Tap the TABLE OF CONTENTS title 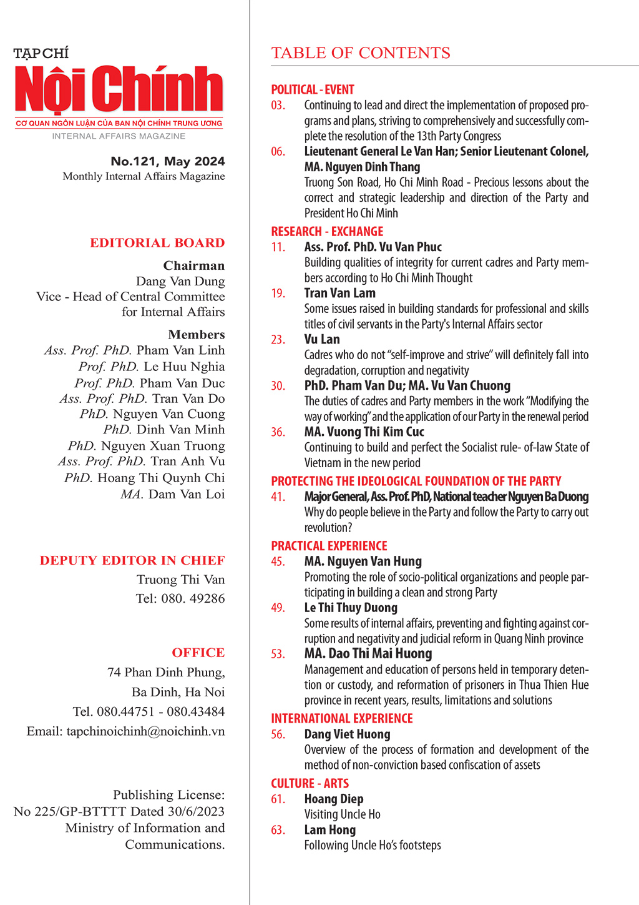[361, 53]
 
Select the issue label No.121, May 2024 [168, 161]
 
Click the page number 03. [278, 106]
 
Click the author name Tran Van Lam [340, 293]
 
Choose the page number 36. [278, 432]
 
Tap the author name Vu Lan [322, 339]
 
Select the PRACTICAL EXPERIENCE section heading [329, 546]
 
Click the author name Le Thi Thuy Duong [351, 608]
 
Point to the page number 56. [278, 734]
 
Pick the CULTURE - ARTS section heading [310, 783]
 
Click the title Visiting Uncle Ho [342, 814]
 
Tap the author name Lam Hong [330, 830]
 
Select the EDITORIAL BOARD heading [157, 243]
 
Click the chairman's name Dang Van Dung [180, 282]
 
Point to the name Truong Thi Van [181, 580]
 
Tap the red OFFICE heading [198, 653]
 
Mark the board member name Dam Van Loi [187, 494]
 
